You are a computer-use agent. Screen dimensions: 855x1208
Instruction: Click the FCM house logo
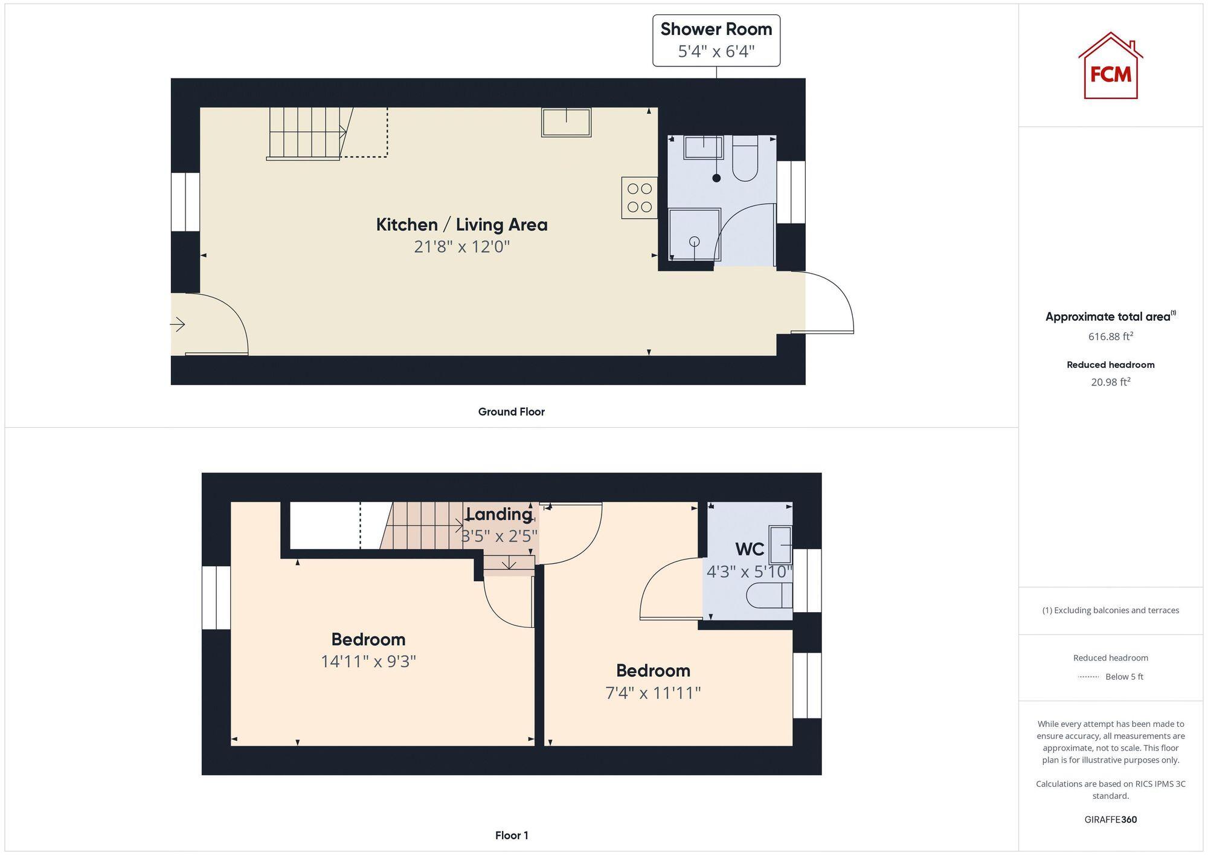coord(1110,66)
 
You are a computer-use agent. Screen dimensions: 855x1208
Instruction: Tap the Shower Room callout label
coord(716,40)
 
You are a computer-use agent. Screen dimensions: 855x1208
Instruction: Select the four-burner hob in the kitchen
coord(639,198)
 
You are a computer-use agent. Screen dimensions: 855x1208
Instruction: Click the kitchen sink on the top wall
coord(566,123)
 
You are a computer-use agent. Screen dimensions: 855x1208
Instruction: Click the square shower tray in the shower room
coord(695,234)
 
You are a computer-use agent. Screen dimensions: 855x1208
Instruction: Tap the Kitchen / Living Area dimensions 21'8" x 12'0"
coord(462,247)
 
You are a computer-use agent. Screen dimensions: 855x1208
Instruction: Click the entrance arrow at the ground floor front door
coord(178,324)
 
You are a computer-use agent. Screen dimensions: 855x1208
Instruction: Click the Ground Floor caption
coord(511,411)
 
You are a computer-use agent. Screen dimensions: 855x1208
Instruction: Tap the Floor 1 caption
coord(511,835)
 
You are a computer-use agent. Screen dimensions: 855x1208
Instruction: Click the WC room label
coord(750,549)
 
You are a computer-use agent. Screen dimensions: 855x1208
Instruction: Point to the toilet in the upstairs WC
coord(768,596)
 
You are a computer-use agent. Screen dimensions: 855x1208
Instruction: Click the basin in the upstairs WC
coord(780,544)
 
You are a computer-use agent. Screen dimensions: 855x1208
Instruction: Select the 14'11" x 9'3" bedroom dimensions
coord(368,661)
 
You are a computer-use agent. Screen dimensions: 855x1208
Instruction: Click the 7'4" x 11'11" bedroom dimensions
coord(653,692)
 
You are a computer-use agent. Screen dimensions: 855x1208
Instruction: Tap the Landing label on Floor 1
coord(499,514)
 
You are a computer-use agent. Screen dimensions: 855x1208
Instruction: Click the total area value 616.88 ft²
coord(1110,337)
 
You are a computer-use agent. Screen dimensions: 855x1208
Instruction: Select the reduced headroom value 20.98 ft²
coord(1110,382)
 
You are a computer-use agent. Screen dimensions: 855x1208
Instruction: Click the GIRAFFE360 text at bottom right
coord(1110,819)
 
